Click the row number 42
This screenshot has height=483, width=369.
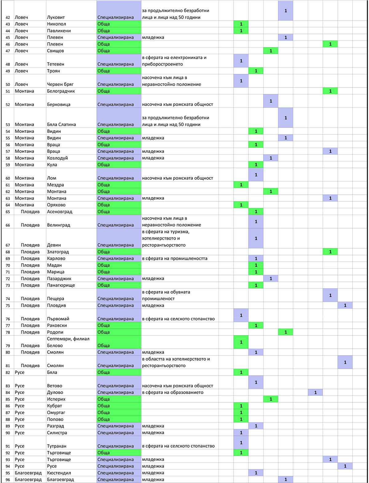(8, 17)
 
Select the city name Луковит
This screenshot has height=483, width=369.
(56, 17)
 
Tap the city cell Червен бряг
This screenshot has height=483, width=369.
(60, 84)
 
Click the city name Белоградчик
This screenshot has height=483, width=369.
(61, 91)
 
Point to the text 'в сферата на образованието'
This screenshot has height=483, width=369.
(173, 392)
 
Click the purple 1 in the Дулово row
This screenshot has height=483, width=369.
(315, 392)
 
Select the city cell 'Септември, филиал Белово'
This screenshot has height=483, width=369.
(68, 342)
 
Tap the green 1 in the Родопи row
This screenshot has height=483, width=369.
(286, 332)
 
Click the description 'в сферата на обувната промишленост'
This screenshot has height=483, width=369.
(166, 295)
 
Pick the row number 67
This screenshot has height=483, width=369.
(8, 245)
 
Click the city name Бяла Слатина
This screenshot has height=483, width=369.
(61, 124)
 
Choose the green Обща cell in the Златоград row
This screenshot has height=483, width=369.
(119, 252)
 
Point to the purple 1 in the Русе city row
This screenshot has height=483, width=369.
(345, 466)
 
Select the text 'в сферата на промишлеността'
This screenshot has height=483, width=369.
(175, 258)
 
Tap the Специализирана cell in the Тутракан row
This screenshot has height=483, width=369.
(119, 443)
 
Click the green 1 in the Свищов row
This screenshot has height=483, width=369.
(271, 51)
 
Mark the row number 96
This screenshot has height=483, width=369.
(8, 479)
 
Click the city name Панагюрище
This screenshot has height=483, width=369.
(61, 285)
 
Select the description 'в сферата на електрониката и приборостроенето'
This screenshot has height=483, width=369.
(174, 61)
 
